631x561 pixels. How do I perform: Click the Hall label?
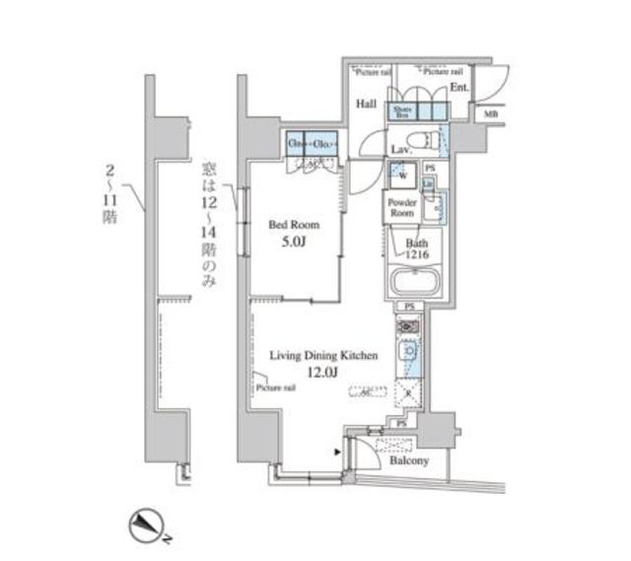click(x=367, y=104)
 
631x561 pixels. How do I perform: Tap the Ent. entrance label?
click(x=458, y=88)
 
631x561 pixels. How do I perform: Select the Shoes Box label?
click(x=401, y=111)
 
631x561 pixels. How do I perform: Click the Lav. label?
click(x=399, y=149)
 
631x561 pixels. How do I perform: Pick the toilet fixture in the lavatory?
click(x=421, y=140)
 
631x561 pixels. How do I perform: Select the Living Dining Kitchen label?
click(x=324, y=352)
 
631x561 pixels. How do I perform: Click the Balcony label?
click(x=408, y=459)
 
